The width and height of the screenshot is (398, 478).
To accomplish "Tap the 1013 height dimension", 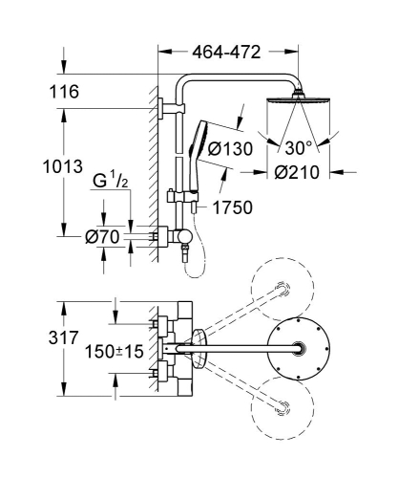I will tap(31, 168).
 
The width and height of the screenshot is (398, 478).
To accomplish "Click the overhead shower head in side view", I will tap(301, 98).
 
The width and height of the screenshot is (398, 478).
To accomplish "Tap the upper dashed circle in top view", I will tap(281, 289).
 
